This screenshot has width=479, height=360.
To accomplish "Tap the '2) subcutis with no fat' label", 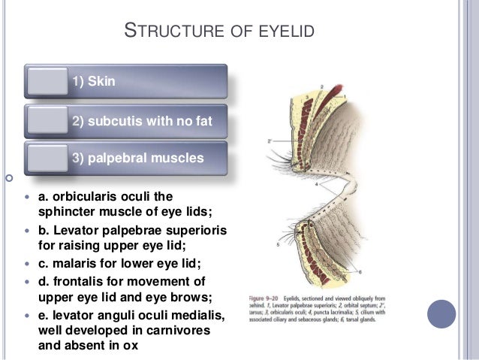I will coord(137,121).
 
